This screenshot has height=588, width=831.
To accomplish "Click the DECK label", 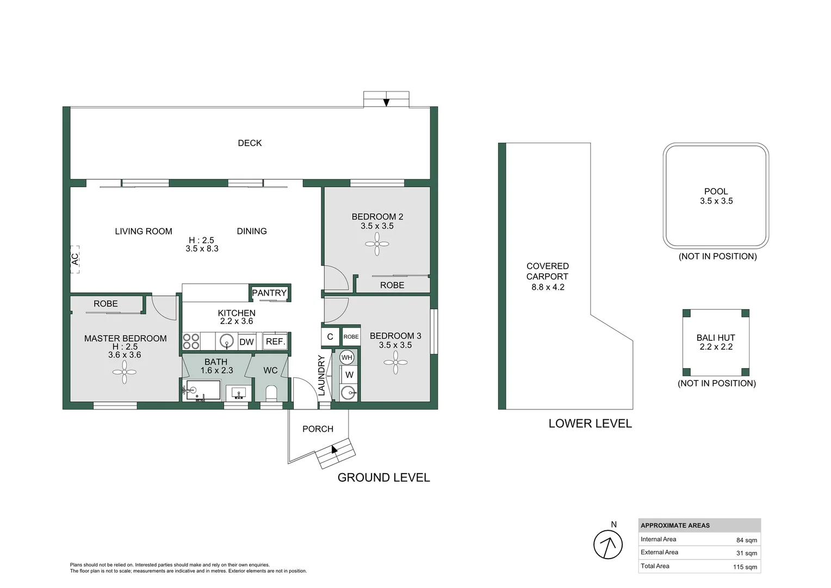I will (250, 143).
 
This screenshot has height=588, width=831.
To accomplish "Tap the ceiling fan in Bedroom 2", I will (377, 244).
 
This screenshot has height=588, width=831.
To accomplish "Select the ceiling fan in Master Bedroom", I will (125, 373).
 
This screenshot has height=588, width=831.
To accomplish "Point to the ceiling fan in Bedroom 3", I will (395, 362).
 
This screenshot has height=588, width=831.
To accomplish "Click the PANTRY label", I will (269, 293).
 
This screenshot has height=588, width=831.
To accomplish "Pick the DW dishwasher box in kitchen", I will (246, 342).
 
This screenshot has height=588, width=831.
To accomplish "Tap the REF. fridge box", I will (275, 341).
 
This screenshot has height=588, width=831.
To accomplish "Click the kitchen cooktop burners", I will (191, 341).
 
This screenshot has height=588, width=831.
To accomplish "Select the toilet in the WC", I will (271, 393).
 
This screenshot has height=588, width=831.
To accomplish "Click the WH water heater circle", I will (347, 358).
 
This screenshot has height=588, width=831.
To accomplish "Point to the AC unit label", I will (75, 259).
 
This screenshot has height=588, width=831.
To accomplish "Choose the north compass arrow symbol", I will (607, 544).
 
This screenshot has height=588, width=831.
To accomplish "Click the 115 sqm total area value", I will (745, 567).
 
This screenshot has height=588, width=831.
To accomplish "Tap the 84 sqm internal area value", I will (746, 540).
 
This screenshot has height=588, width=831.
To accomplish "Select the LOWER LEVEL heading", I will (590, 424).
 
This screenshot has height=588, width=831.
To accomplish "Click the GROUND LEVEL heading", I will (383, 477).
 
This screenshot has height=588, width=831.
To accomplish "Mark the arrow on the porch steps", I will (334, 449).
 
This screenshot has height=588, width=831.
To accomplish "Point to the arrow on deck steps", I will (386, 102).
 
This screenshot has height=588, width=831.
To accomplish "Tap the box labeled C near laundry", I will (330, 337).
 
